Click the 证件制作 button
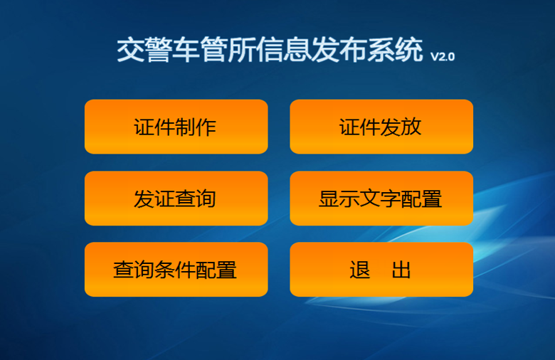click(x=176, y=127)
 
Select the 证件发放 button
click(x=381, y=127)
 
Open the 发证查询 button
click(x=176, y=198)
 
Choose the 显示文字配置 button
click(x=381, y=198)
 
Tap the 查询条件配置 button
click(x=176, y=270)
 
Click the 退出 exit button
click(x=381, y=270)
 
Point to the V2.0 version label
click(x=443, y=57)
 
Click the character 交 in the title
click(x=131, y=50)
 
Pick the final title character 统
click(x=409, y=50)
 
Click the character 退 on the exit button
click(x=360, y=270)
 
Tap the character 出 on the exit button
click(x=401, y=270)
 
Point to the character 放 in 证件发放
click(x=411, y=127)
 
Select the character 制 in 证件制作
click(x=186, y=127)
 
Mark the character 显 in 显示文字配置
click(x=329, y=198)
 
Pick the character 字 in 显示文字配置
click(x=391, y=198)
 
